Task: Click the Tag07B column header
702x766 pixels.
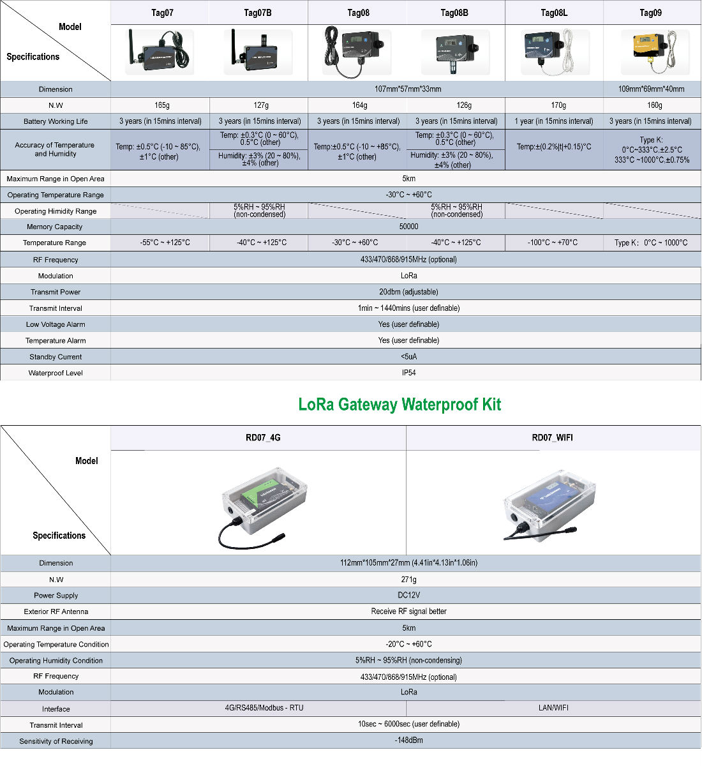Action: click(258, 13)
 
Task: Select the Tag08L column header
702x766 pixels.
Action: click(554, 13)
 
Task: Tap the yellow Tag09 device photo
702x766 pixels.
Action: click(655, 52)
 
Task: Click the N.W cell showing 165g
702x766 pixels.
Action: click(162, 105)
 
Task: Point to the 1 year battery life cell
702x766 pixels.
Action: click(554, 121)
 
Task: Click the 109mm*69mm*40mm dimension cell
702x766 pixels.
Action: click(651, 89)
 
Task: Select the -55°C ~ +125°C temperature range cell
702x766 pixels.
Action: click(165, 243)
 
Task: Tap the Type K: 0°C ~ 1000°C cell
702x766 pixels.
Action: click(651, 243)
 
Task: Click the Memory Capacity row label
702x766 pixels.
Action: click(55, 227)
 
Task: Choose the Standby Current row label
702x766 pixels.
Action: click(56, 357)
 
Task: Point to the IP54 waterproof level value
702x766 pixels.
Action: click(408, 373)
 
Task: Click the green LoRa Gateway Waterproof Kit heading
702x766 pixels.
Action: click(400, 404)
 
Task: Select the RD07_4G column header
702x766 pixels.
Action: click(263, 438)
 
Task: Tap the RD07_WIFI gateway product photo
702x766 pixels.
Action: click(549, 505)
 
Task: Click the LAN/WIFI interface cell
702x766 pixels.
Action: click(553, 707)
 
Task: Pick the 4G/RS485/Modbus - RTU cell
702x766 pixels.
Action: click(264, 707)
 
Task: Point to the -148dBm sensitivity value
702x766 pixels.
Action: click(408, 740)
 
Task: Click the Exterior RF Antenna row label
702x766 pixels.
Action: click(56, 612)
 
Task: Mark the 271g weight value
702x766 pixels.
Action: click(408, 579)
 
